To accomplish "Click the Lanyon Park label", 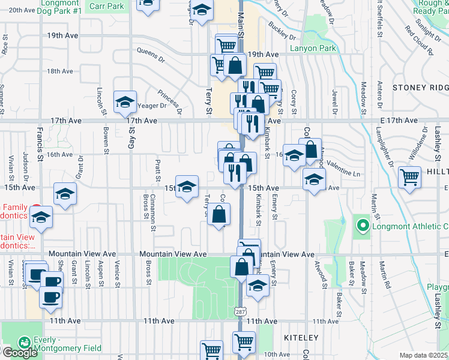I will coord(311,49).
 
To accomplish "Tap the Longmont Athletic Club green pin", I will coord(362,226).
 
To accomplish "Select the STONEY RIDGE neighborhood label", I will coord(420,88).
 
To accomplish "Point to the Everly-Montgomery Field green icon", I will coord(25,342).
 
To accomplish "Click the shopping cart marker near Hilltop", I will coord(410,176).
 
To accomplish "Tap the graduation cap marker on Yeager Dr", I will coord(125,103).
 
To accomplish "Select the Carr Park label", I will coord(106,6).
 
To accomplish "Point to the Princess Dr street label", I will coord(170,101).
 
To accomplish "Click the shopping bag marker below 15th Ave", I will coord(220,214).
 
